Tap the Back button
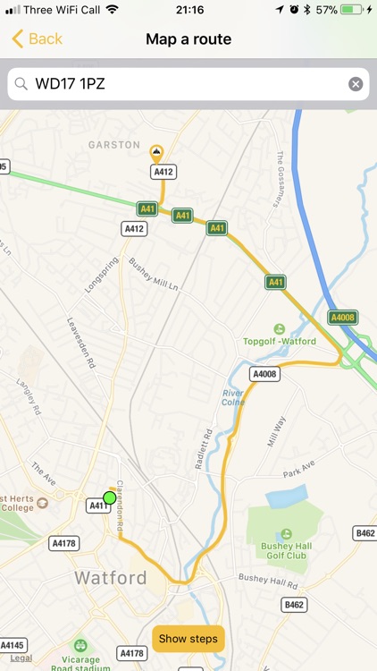[37, 38]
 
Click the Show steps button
[188, 639]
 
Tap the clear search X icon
[356, 84]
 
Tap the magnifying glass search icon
[21, 84]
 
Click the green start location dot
[110, 497]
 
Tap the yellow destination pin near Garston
[156, 152]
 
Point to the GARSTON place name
[114, 144]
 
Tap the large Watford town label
[111, 578]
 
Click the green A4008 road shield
[342, 318]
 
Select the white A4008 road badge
[264, 374]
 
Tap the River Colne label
[232, 395]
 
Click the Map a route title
[188, 38]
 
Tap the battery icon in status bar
[352, 9]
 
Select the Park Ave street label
[300, 472]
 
